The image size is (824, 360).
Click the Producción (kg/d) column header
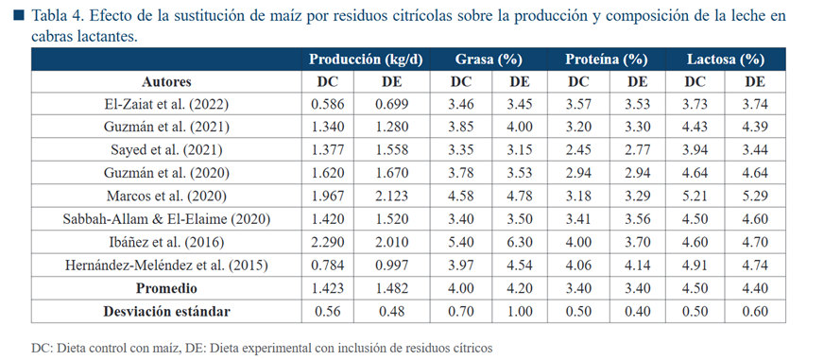click(366, 60)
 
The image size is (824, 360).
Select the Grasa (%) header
click(489, 60)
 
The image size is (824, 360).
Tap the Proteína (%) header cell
click(606, 60)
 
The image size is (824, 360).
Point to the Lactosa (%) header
click(725, 60)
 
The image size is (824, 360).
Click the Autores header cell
click(166, 82)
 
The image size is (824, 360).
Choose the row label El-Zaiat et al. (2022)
click(166, 105)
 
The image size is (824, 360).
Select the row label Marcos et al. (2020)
click(166, 196)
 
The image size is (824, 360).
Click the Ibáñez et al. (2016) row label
click(166, 242)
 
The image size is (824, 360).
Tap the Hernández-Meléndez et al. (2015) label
click(166, 266)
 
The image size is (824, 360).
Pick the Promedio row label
click(166, 288)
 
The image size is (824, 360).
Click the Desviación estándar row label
click(166, 311)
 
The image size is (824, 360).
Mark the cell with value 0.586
click(327, 105)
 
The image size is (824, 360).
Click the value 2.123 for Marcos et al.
click(391, 196)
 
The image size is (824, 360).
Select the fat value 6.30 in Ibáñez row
click(518, 242)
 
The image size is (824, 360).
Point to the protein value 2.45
click(577, 150)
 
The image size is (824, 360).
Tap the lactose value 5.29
click(755, 196)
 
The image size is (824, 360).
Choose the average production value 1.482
click(391, 288)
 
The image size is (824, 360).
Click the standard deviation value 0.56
click(327, 311)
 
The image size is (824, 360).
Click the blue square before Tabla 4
click(20, 16)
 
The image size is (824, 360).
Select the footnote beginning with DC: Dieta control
click(262, 348)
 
